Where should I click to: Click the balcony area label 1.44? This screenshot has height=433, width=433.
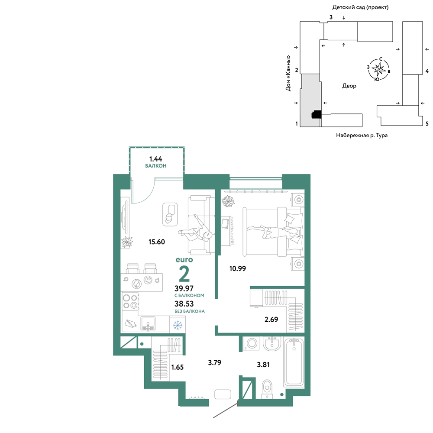[x=156, y=159]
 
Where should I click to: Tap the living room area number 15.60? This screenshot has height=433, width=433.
[x=157, y=242]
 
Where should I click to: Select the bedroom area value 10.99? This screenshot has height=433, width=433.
[x=237, y=268]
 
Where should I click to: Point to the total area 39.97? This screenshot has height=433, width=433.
[x=184, y=288]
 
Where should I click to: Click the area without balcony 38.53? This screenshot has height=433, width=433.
[x=184, y=304]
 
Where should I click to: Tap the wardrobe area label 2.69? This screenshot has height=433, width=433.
[x=271, y=320]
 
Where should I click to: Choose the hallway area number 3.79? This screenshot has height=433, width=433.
[x=215, y=362]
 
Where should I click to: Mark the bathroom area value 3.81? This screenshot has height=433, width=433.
[x=263, y=365]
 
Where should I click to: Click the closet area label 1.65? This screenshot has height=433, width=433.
[x=177, y=367]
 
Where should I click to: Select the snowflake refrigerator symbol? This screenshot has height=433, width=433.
[x=178, y=325]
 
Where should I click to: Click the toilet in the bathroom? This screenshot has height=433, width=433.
[x=267, y=389]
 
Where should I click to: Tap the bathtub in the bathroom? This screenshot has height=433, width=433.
[x=294, y=362]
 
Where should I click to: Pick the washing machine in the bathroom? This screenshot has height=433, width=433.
[x=251, y=344]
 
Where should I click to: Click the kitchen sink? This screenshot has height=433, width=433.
[x=148, y=323]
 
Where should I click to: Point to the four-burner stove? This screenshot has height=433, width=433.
[x=130, y=301]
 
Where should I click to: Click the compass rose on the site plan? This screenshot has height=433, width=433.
[x=378, y=69]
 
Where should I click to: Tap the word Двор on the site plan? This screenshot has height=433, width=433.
[x=349, y=86]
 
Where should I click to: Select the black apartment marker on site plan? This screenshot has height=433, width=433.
[x=317, y=114]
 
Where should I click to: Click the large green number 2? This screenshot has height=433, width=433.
[x=184, y=273]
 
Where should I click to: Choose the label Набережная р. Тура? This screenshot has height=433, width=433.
[x=362, y=135]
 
